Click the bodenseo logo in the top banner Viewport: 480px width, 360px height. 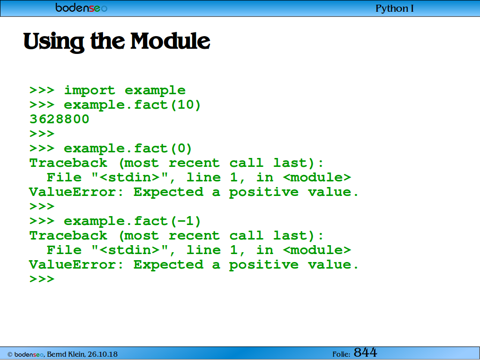tap(81, 7)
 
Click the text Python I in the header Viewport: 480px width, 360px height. tap(395, 8)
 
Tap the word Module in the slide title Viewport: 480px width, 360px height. tap(170, 41)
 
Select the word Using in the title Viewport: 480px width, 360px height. tap(53, 42)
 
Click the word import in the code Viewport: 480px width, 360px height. tap(90, 90)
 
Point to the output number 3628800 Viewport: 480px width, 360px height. tap(59, 119)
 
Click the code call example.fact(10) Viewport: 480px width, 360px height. tap(132, 105)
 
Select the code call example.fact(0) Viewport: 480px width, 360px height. tap(127, 149)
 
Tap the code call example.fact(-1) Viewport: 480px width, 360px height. tap(132, 221)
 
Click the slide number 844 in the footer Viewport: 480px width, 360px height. tap(365, 352)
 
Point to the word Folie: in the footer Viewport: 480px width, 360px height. tap(341, 354)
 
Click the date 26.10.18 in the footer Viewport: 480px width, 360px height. tap(103, 354)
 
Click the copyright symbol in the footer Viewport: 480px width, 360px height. tap(10, 355)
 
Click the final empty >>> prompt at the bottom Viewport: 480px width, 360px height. tap(42, 279)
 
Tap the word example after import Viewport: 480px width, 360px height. tap(155, 90)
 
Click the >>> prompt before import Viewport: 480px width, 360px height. tap(42, 90)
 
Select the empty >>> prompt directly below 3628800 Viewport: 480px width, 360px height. tap(42, 134)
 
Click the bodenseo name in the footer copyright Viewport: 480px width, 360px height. tap(29, 354)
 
